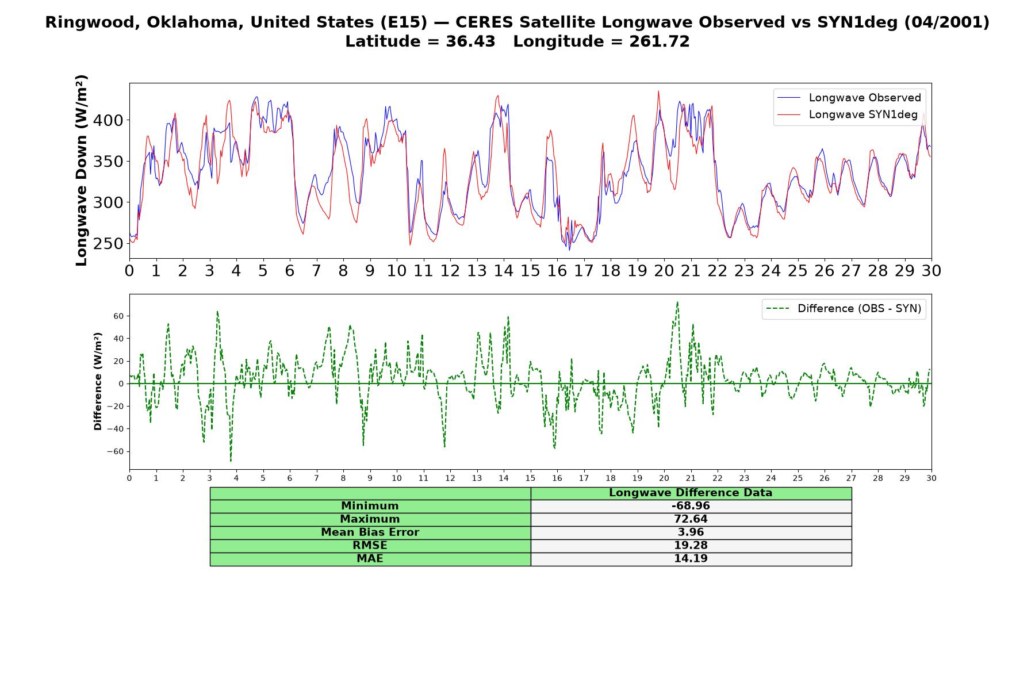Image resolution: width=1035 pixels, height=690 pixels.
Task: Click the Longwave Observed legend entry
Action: click(x=849, y=98)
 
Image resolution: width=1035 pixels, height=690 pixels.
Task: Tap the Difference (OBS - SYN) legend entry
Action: click(x=844, y=309)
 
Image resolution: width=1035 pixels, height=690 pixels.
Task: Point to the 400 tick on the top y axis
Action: click(x=113, y=120)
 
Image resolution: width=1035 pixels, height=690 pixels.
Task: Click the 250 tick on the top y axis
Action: click(x=113, y=244)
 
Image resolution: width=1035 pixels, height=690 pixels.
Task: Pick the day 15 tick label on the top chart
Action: click(x=530, y=271)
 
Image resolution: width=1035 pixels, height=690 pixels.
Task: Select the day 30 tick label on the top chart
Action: click(x=931, y=271)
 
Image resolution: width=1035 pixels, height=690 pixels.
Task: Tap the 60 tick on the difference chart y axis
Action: click(x=119, y=316)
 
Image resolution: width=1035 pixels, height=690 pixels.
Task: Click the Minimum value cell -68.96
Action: click(x=691, y=506)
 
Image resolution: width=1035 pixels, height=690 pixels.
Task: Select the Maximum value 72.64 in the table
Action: click(x=691, y=519)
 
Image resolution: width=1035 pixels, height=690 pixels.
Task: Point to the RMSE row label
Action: click(x=370, y=546)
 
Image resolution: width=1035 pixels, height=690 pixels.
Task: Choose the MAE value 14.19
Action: click(x=691, y=559)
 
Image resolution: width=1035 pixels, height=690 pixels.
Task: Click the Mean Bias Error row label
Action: click(x=370, y=532)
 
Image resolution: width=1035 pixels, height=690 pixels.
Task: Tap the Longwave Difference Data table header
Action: click(x=691, y=493)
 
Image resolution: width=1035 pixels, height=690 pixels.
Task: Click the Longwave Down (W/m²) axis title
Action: click(x=81, y=170)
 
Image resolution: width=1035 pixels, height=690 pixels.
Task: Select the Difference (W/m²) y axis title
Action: click(x=98, y=381)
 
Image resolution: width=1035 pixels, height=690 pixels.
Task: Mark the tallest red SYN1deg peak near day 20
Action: click(x=658, y=91)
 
